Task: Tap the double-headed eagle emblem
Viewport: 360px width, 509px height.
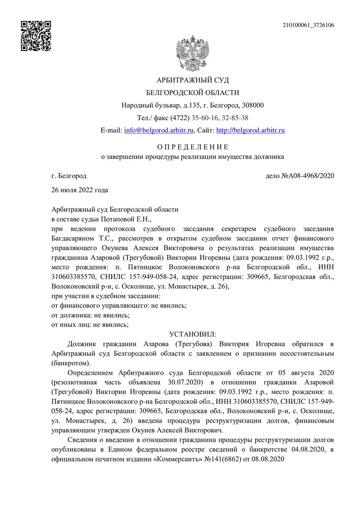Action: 193,50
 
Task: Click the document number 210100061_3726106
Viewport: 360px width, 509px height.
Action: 308,25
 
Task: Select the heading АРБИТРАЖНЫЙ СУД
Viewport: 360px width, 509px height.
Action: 193,80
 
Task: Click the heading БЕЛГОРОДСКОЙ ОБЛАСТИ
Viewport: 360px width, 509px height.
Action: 193,93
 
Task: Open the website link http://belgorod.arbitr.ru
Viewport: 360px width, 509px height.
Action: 251,131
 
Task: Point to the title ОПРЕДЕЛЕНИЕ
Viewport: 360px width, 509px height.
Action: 193,147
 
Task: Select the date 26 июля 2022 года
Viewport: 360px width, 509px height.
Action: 80,190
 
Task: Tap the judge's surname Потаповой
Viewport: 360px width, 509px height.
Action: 125,220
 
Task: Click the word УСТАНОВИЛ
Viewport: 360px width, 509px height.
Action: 193,334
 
